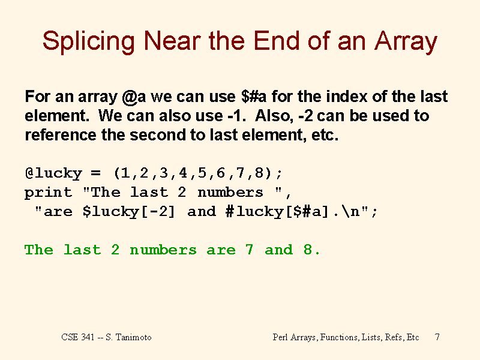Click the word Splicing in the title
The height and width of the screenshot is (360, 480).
coord(88,41)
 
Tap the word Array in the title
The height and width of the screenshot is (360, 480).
coord(406,41)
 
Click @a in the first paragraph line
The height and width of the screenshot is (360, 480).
coord(134,97)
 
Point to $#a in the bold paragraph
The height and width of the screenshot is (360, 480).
coord(254,97)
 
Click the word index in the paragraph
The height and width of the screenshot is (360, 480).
coord(346,97)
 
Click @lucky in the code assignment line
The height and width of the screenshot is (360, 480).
coord(53,173)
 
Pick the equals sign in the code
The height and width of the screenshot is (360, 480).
coord(95,173)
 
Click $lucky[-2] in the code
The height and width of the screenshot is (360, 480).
coord(128,212)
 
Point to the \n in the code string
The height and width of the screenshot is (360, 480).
coord(351,212)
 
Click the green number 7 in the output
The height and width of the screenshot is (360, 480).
coord(249,250)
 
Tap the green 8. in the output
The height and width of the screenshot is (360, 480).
coord(311,250)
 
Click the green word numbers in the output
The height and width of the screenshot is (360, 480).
coord(163,250)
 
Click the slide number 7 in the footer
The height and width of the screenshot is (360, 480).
coord(437,337)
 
